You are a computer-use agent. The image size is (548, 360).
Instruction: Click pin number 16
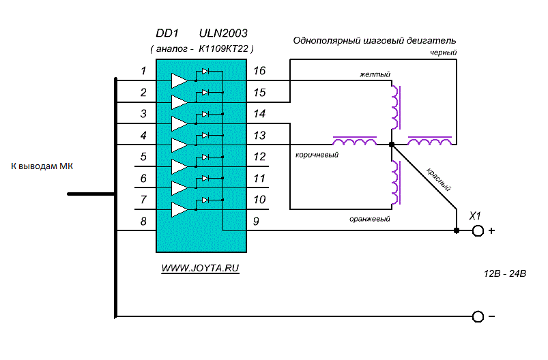(259, 72)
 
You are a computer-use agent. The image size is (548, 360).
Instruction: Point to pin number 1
(143, 71)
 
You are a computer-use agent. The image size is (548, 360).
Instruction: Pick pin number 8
(143, 221)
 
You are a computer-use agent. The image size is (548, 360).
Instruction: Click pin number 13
(259, 135)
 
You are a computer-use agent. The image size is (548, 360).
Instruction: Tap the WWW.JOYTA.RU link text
(201, 269)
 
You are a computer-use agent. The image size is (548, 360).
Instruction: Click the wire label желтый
(375, 74)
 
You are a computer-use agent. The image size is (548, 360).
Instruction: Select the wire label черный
(444, 52)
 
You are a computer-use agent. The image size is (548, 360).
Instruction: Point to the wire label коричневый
(317, 155)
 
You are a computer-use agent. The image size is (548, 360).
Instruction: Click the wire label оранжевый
(369, 219)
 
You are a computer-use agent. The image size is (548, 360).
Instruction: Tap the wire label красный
(439, 179)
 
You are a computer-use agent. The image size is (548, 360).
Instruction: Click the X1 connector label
(476, 216)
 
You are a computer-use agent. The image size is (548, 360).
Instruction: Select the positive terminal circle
(478, 231)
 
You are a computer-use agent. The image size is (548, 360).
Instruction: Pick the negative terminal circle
(478, 316)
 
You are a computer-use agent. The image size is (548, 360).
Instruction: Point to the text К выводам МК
(42, 166)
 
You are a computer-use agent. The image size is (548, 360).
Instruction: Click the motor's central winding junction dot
(391, 145)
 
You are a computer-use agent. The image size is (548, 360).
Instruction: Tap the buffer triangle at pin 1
(179, 80)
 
